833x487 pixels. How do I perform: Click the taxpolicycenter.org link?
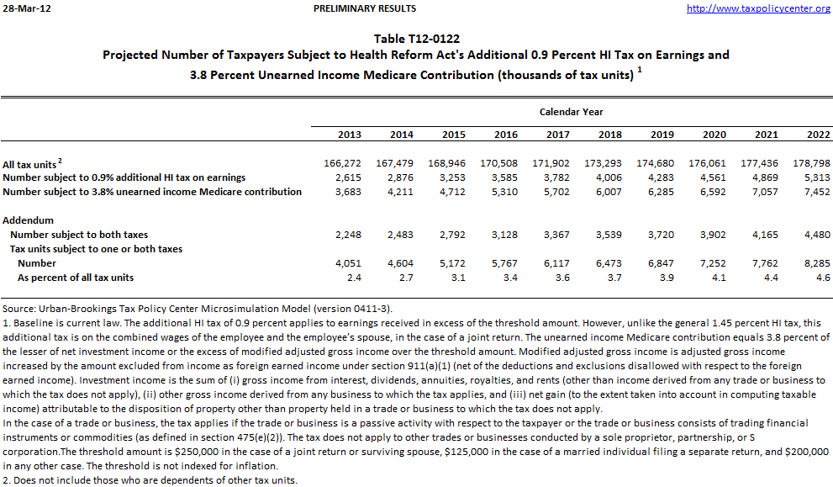pyautogui.click(x=758, y=8)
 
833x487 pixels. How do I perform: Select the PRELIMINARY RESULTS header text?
pyautogui.click(x=364, y=8)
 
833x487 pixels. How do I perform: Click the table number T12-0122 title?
pyautogui.click(x=416, y=39)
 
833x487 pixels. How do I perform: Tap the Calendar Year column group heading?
pyautogui.click(x=571, y=112)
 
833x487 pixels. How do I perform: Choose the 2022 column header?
pyautogui.click(x=818, y=135)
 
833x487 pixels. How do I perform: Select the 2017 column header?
pyautogui.click(x=557, y=135)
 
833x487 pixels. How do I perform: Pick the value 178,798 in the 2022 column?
pyautogui.click(x=812, y=163)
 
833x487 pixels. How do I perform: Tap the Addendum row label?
pyautogui.click(x=28, y=220)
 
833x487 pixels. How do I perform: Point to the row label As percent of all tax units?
pyautogui.click(x=76, y=278)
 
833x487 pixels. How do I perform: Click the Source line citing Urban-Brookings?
pyautogui.click(x=198, y=309)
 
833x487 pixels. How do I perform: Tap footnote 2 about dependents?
pyautogui.click(x=150, y=480)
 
